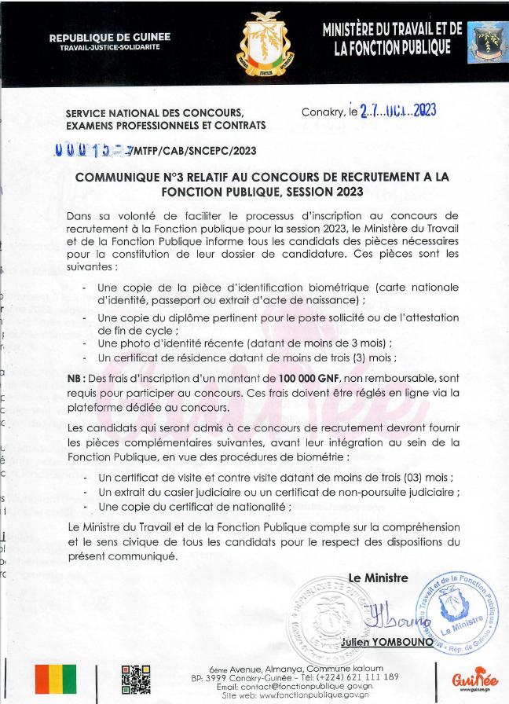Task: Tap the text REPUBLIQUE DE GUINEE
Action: pos(109,38)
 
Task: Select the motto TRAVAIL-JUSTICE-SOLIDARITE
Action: pos(109,48)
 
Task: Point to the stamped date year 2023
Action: pos(423,111)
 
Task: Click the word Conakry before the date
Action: pos(322,112)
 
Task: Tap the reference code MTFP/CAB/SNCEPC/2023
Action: pos(195,151)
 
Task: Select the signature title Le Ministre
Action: pos(378,578)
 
